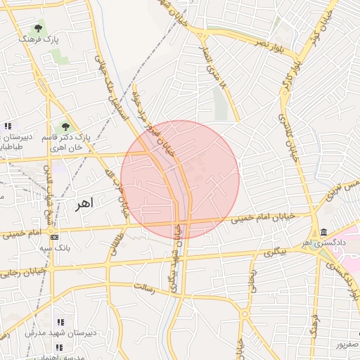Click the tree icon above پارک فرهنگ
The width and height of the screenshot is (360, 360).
coord(38,29)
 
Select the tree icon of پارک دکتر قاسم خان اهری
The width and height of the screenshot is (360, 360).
coord(65,127)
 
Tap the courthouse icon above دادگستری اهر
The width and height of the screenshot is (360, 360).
coord(323,233)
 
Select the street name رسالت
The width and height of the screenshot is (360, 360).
coord(143,288)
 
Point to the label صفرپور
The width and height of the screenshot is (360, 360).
coord(345,346)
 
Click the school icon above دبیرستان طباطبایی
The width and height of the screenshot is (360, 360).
coord(7,126)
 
